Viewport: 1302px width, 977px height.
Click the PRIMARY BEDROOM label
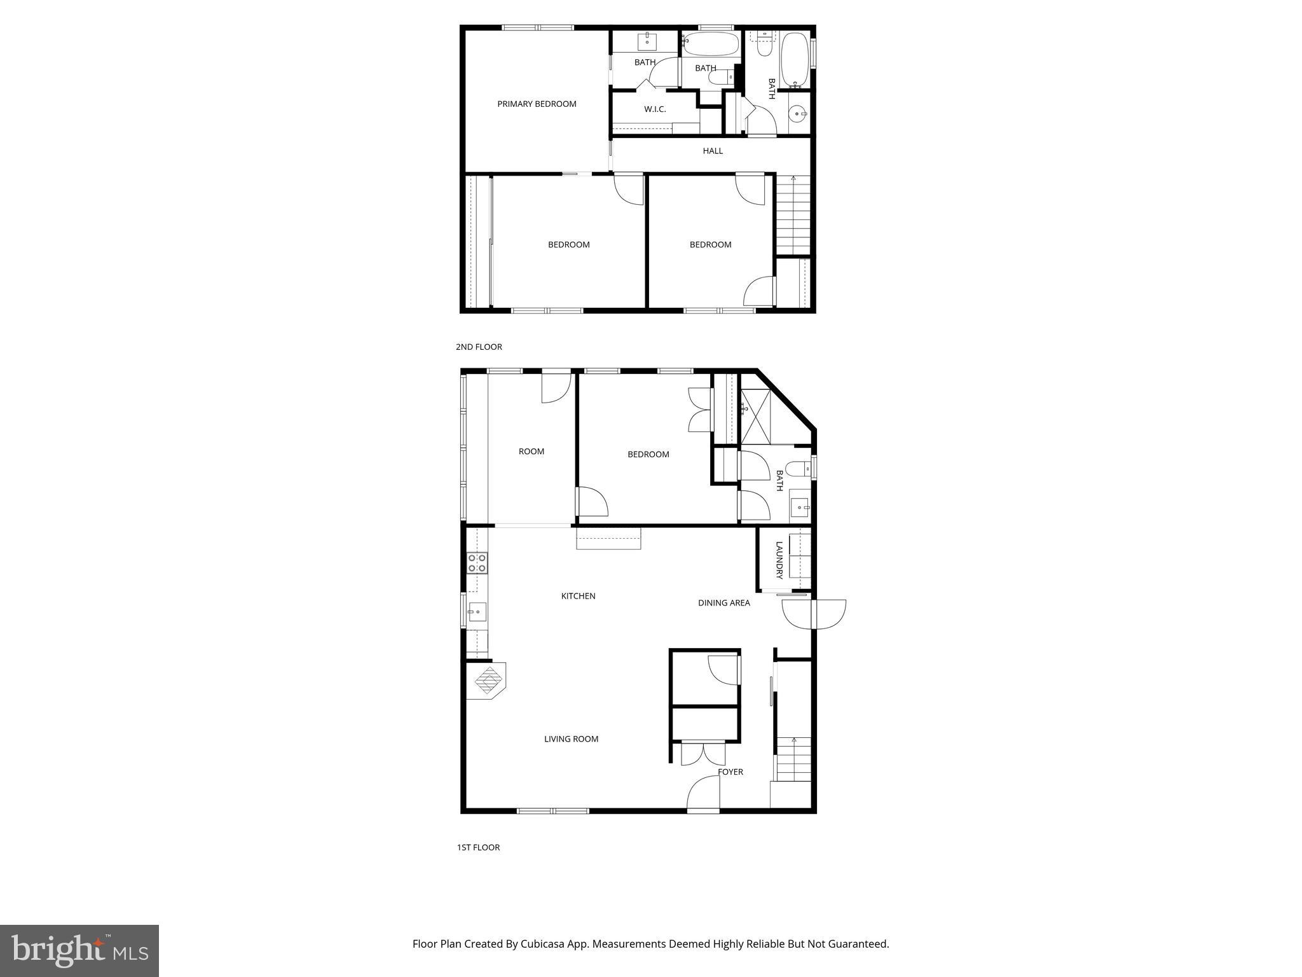[537, 104]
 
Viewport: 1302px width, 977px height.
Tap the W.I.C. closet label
[655, 109]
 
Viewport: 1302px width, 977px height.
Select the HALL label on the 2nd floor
[713, 151]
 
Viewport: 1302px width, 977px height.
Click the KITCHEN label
[578, 596]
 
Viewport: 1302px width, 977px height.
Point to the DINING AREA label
[723, 603]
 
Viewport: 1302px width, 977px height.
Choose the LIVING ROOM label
[571, 739]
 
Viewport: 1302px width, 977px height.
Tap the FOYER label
[730, 772]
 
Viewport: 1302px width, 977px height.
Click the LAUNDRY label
[779, 560]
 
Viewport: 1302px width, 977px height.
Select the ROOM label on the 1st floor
[531, 452]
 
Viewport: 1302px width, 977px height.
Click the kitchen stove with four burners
[477, 563]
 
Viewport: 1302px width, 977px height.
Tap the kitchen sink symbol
[477, 612]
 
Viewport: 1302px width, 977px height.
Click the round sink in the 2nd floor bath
[797, 114]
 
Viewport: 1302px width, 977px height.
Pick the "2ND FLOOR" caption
[479, 347]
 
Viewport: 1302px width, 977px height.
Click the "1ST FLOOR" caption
[478, 848]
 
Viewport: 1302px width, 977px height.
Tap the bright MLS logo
[79, 950]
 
